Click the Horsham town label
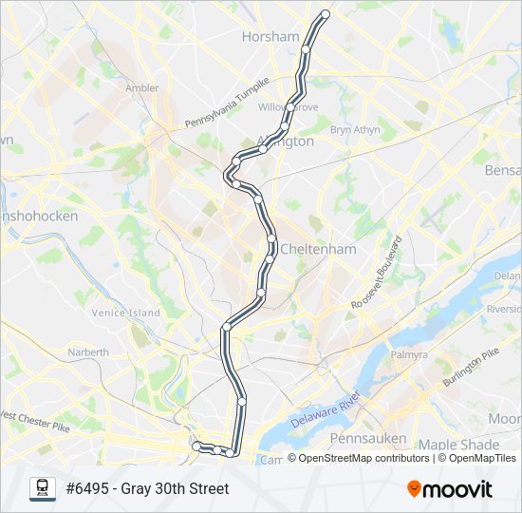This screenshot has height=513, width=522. point(270,36)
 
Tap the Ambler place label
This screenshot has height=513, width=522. point(142,88)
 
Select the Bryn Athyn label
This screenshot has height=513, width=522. point(354,129)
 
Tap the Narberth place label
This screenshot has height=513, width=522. point(88,351)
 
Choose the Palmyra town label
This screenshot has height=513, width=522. point(408,354)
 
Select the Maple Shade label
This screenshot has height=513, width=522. point(458,445)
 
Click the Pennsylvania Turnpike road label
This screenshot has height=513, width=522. point(228,104)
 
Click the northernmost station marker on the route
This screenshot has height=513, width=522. point(326,14)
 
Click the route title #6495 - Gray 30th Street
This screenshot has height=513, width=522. point(147,489)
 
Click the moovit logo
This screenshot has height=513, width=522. point(450,489)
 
